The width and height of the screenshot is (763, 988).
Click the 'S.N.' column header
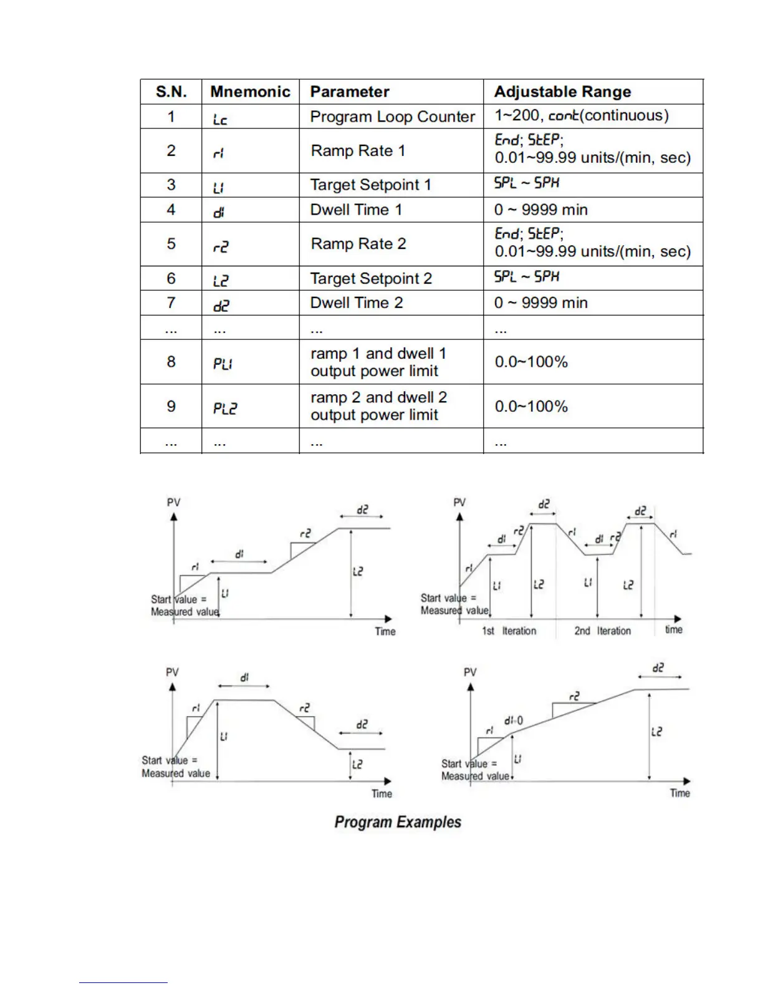[171, 92]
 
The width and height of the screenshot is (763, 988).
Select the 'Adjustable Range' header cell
[562, 92]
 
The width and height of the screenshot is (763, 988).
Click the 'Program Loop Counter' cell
[392, 117]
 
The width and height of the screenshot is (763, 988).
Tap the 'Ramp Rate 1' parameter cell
[358, 151]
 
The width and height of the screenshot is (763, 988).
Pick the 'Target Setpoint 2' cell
[371, 278]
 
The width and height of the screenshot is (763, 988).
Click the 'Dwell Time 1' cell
[356, 210]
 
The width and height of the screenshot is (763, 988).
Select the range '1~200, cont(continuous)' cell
[581, 116]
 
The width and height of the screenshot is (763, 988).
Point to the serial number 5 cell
[171, 244]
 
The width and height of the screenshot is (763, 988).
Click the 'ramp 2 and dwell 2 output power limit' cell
[378, 406]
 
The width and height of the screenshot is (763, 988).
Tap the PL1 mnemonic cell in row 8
[223, 363]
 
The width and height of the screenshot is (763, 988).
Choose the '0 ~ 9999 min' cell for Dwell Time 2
[540, 303]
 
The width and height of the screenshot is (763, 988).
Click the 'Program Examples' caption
[398, 822]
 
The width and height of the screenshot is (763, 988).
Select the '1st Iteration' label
[509, 631]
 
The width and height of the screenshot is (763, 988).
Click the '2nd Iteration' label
[602, 631]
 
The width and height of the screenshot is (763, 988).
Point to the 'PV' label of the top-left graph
[173, 503]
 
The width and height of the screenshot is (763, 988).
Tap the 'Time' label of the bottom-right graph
[679, 793]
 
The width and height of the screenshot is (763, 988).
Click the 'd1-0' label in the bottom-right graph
[514, 721]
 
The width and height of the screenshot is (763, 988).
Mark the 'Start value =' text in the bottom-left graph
[169, 760]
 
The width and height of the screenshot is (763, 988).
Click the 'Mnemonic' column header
[250, 92]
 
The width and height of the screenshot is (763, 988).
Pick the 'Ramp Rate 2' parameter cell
[358, 244]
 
